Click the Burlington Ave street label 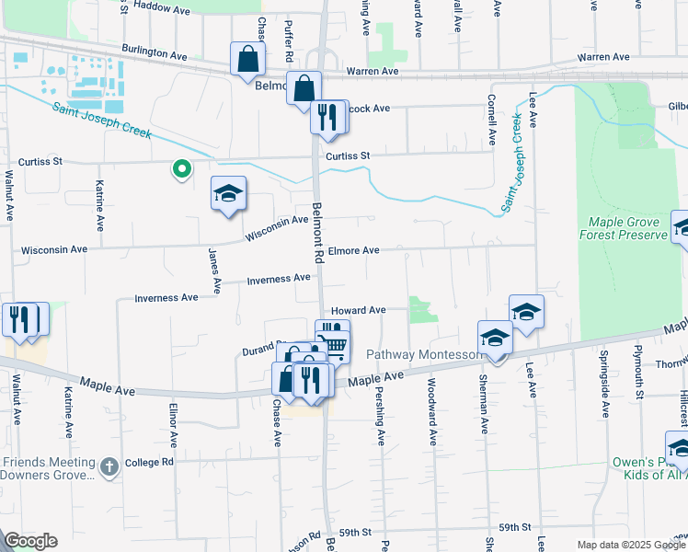(155, 52)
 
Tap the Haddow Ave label (161, 6)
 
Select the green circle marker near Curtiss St (181, 168)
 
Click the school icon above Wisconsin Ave (228, 193)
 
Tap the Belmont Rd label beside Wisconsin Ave (318, 235)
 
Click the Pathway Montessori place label (425, 354)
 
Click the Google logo (30, 541)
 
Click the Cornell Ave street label (493, 124)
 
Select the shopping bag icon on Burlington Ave (247, 59)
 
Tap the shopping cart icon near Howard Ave (335, 345)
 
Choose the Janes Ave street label (213, 271)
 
